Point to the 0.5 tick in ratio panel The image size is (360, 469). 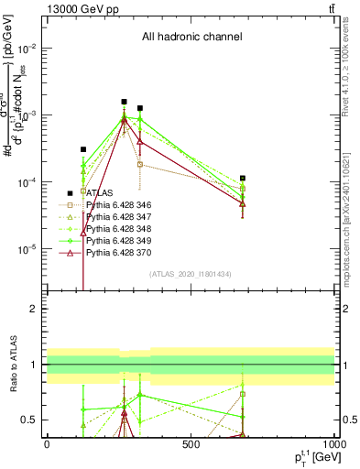[31, 420]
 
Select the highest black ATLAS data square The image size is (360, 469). [124, 102]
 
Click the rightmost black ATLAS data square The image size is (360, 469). [243, 178]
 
